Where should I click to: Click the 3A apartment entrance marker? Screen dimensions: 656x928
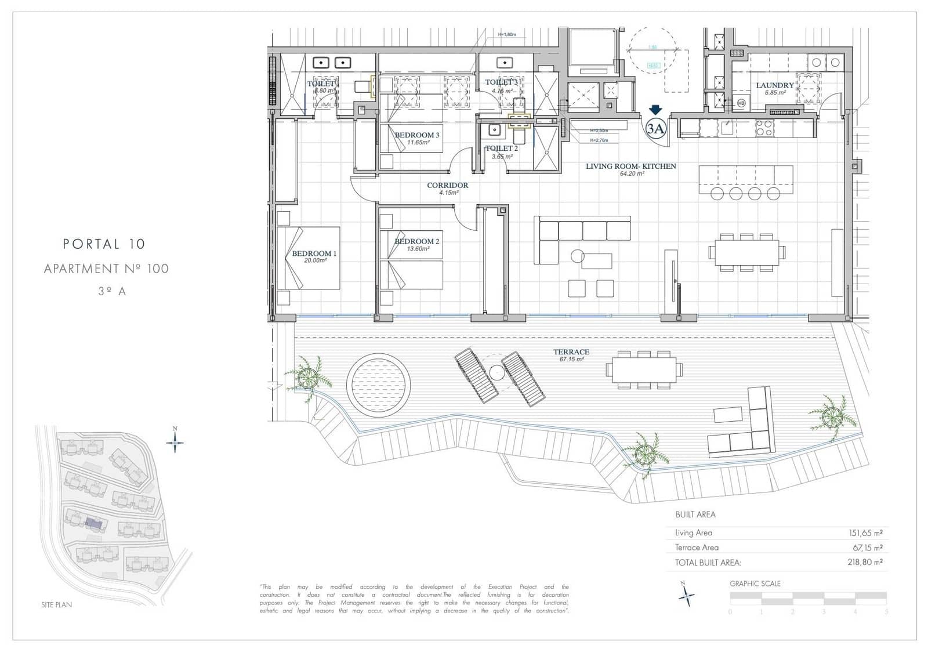[655, 128]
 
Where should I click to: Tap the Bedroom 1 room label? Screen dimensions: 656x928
[314, 253]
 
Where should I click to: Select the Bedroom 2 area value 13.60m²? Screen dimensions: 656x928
[418, 249]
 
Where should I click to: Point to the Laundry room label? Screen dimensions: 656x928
[774, 85]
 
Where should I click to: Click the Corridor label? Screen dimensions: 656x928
[447, 186]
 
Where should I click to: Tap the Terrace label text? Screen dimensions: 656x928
[571, 352]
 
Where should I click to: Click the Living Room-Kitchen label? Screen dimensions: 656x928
[630, 166]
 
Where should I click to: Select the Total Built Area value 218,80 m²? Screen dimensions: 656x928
[865, 562]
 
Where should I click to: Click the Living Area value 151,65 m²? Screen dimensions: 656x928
[865, 533]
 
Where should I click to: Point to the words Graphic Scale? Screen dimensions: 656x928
[755, 583]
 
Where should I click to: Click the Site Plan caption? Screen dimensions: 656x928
[56, 604]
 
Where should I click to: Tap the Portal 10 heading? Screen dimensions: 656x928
[104, 244]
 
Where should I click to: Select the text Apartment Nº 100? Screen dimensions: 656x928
[106, 269]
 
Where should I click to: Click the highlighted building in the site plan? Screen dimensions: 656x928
[94, 523]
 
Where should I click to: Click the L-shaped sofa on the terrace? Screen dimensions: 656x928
[748, 429]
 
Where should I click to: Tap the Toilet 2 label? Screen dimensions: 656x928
[502, 148]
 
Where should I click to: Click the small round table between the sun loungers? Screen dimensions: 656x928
[497, 372]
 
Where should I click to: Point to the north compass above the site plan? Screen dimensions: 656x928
[175, 442]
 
